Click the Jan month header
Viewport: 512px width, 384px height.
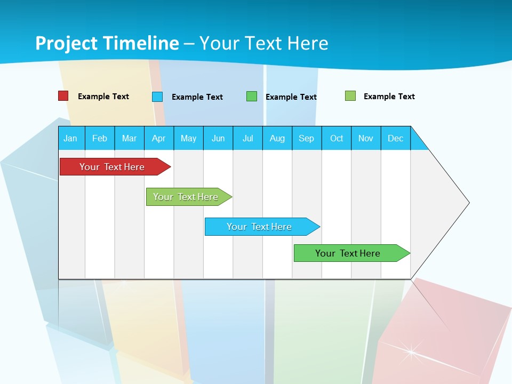(70, 138)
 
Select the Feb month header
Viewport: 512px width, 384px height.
(100, 138)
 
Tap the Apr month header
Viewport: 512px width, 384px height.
(158, 138)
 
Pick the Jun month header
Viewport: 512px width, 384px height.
(218, 138)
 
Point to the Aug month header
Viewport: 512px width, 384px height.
(277, 138)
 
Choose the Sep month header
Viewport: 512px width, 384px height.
(306, 138)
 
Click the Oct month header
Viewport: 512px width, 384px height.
(337, 138)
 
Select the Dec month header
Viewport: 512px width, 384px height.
(395, 138)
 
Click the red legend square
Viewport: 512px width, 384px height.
(63, 96)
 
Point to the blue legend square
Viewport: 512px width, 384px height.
(157, 97)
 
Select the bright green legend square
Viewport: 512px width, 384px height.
(252, 97)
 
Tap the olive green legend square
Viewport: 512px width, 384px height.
(350, 96)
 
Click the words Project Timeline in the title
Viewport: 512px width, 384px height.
(107, 43)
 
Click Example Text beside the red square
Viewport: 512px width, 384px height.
(103, 97)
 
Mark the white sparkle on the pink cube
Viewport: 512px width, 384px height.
(411, 350)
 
